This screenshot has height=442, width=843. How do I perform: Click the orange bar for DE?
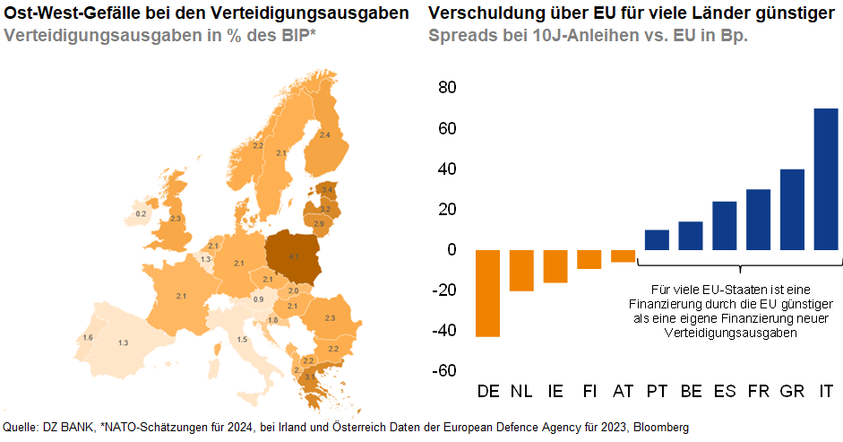[488, 293]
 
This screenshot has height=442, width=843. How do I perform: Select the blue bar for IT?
[825, 179]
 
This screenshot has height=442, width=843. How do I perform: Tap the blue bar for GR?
[792, 209]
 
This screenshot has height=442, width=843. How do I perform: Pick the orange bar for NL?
[521, 270]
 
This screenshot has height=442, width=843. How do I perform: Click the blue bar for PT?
[657, 239]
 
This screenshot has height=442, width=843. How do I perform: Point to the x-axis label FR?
[758, 392]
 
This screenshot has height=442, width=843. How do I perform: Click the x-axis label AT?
[623, 392]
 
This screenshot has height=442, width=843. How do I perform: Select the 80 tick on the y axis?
[447, 88]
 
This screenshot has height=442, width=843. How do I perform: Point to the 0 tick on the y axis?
[452, 250]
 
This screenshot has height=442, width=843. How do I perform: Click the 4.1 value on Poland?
[293, 256]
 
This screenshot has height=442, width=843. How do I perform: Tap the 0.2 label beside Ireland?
[141, 214]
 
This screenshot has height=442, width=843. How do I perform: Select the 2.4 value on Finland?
[324, 134]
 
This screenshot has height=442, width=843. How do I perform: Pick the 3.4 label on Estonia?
[328, 191]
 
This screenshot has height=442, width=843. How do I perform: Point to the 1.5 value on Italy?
[242, 340]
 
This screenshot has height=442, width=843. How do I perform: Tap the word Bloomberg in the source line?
[661, 427]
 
